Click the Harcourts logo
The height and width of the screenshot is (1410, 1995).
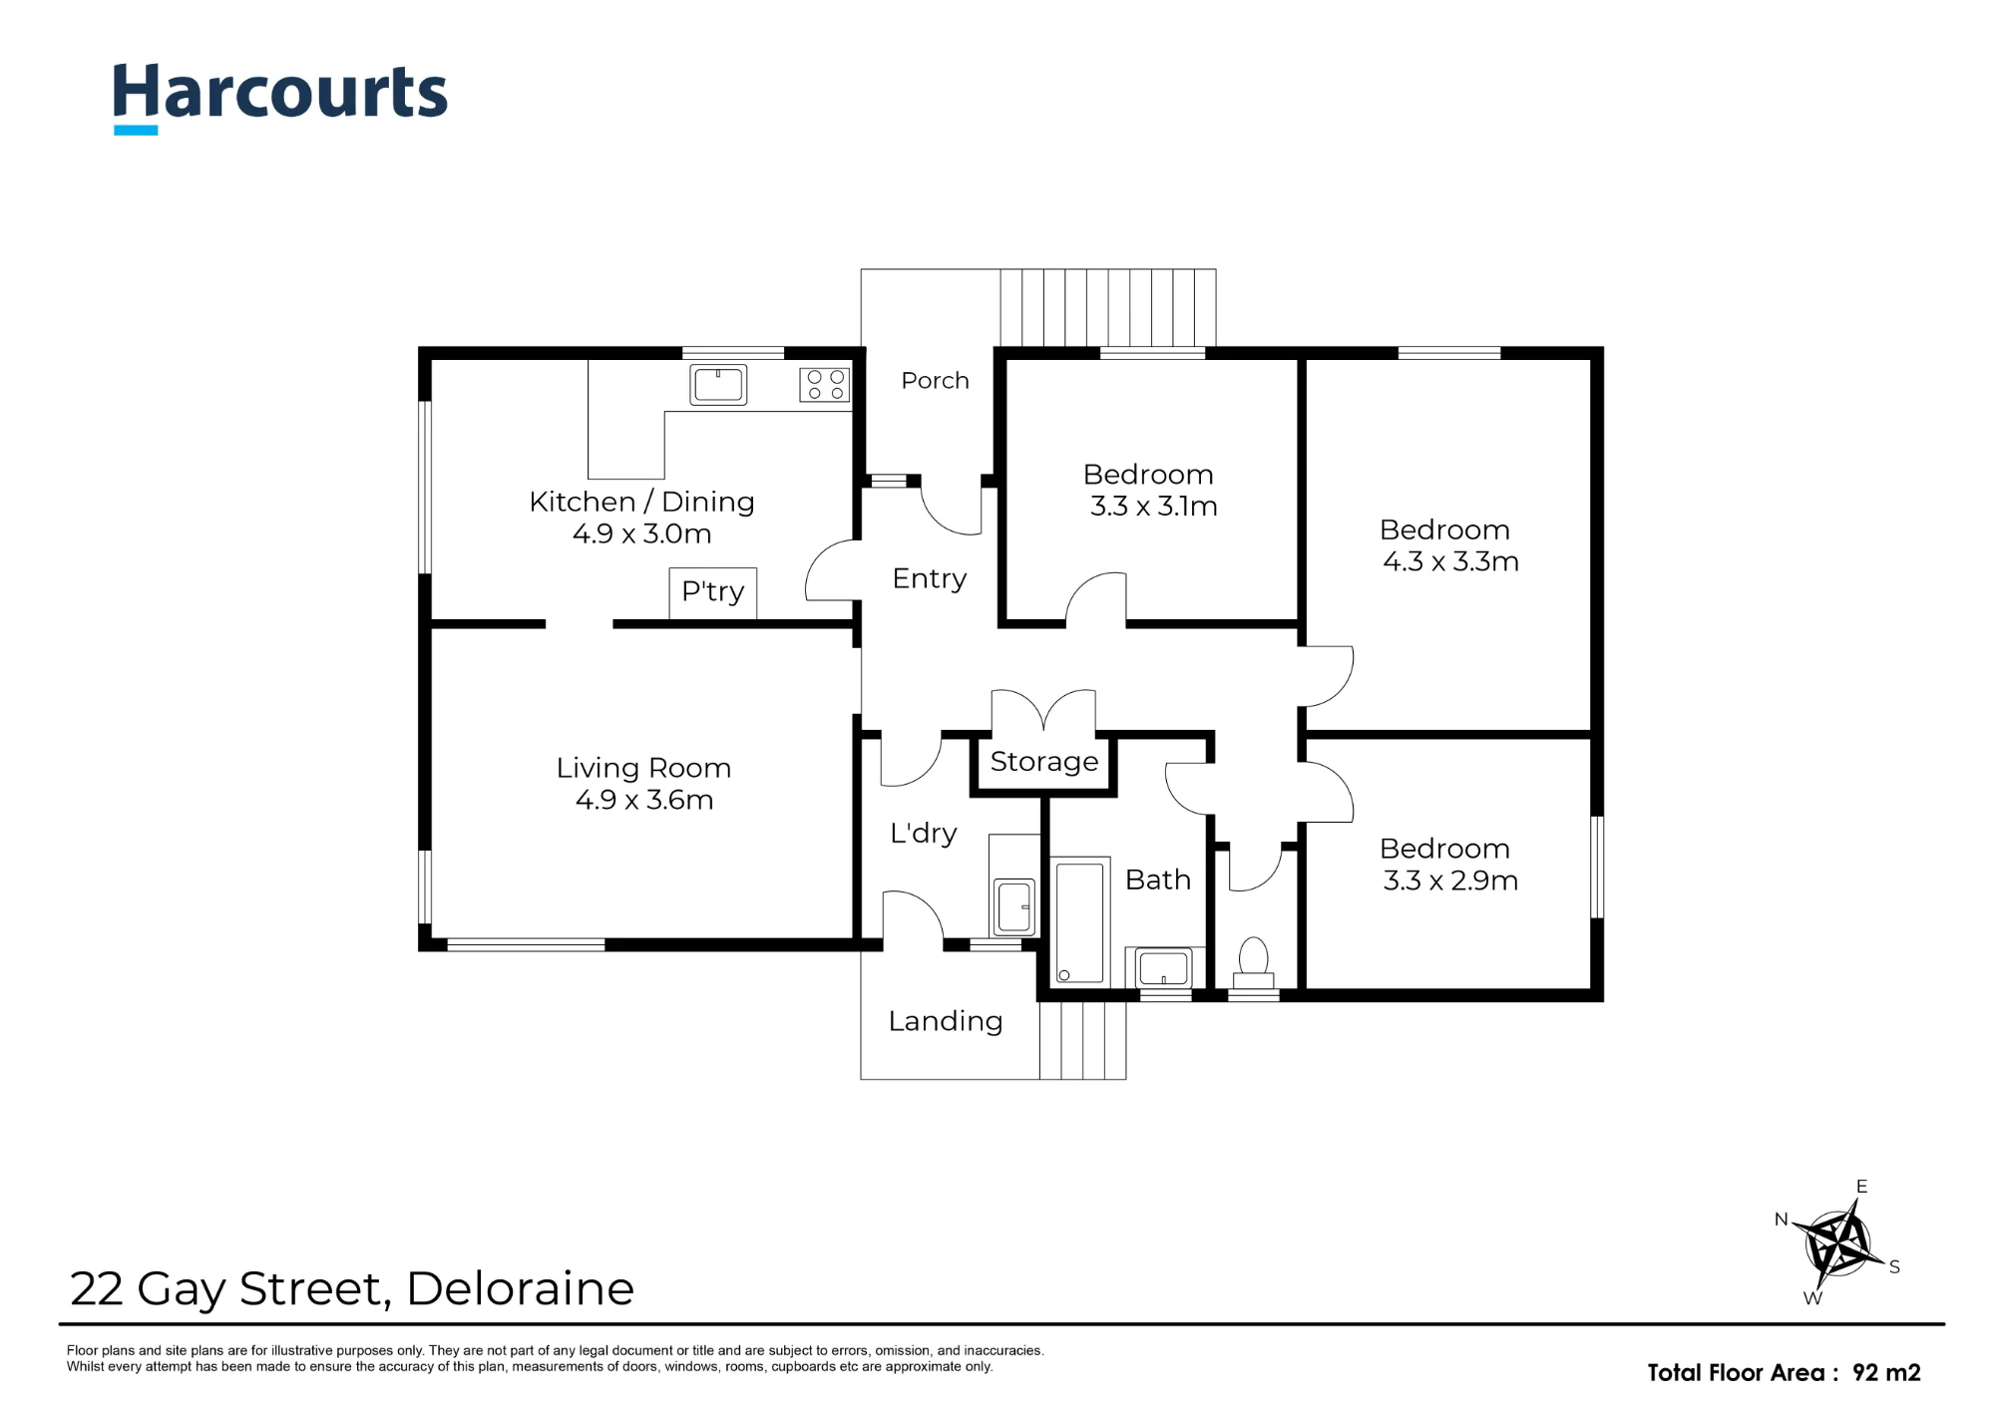pyautogui.click(x=280, y=97)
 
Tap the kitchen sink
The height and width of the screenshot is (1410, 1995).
pyautogui.click(x=718, y=385)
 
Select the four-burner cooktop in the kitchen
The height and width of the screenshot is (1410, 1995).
pyautogui.click(x=825, y=385)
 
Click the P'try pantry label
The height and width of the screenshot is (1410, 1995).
pyautogui.click(x=712, y=591)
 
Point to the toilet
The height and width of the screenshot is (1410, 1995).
pyautogui.click(x=1253, y=963)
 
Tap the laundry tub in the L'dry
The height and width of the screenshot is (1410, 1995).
pyautogui.click(x=1014, y=905)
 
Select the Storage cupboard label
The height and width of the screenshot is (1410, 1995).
pyautogui.click(x=1044, y=762)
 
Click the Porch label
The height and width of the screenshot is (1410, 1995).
pyautogui.click(x=935, y=380)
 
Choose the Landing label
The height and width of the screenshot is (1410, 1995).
pyautogui.click(x=946, y=1021)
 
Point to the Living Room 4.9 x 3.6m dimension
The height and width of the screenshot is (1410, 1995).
pyautogui.click(x=644, y=800)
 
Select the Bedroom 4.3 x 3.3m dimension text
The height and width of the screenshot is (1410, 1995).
pyautogui.click(x=1450, y=561)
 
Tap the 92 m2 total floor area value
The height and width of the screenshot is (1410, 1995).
pyautogui.click(x=1886, y=1372)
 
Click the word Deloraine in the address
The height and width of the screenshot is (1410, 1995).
pyautogui.click(x=520, y=1288)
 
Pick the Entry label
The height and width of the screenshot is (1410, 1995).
pyautogui.click(x=930, y=579)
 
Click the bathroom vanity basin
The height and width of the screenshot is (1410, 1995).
pyautogui.click(x=1164, y=967)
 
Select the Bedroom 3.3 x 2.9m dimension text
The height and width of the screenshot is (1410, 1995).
pyautogui.click(x=1450, y=881)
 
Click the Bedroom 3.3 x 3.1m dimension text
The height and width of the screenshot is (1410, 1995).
pyautogui.click(x=1153, y=507)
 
